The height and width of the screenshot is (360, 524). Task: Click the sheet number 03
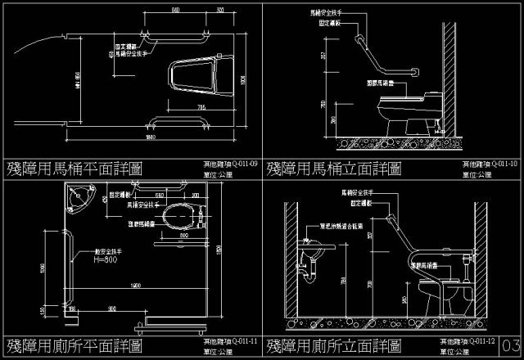tap(513, 344)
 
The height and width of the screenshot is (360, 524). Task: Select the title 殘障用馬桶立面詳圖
tap(334, 169)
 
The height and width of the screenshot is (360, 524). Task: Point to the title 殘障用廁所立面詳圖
tap(334, 344)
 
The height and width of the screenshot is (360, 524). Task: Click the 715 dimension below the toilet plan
tap(201, 108)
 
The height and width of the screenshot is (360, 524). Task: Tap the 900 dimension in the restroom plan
tap(110, 308)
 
